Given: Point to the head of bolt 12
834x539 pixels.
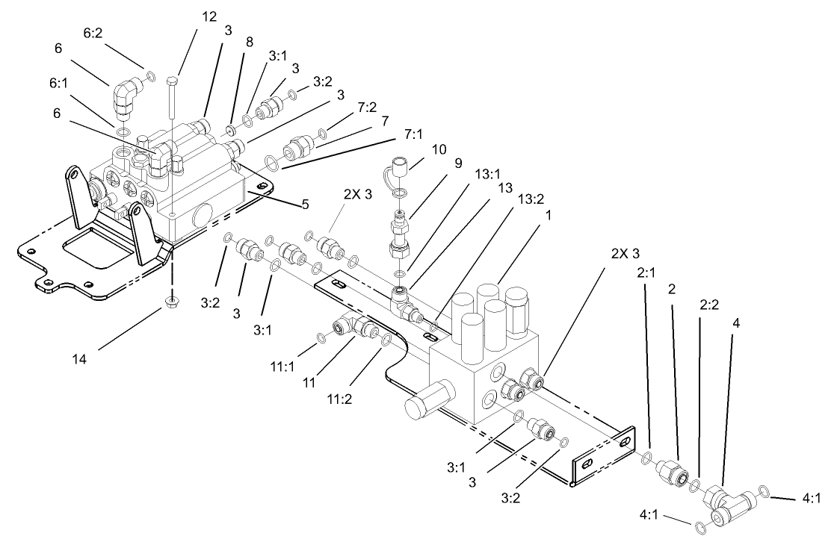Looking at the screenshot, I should pyautogui.click(x=173, y=79).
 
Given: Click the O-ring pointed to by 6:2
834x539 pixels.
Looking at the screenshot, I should pyautogui.click(x=150, y=75).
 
